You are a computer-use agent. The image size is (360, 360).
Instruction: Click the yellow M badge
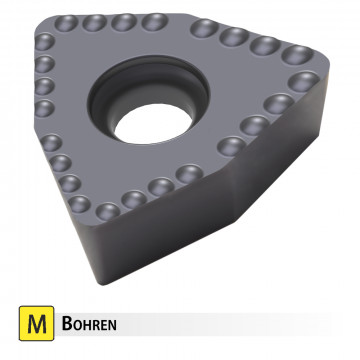37,325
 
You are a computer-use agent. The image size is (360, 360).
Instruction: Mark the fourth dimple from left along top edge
152,21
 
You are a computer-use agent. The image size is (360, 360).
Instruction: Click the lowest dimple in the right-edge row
231,144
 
